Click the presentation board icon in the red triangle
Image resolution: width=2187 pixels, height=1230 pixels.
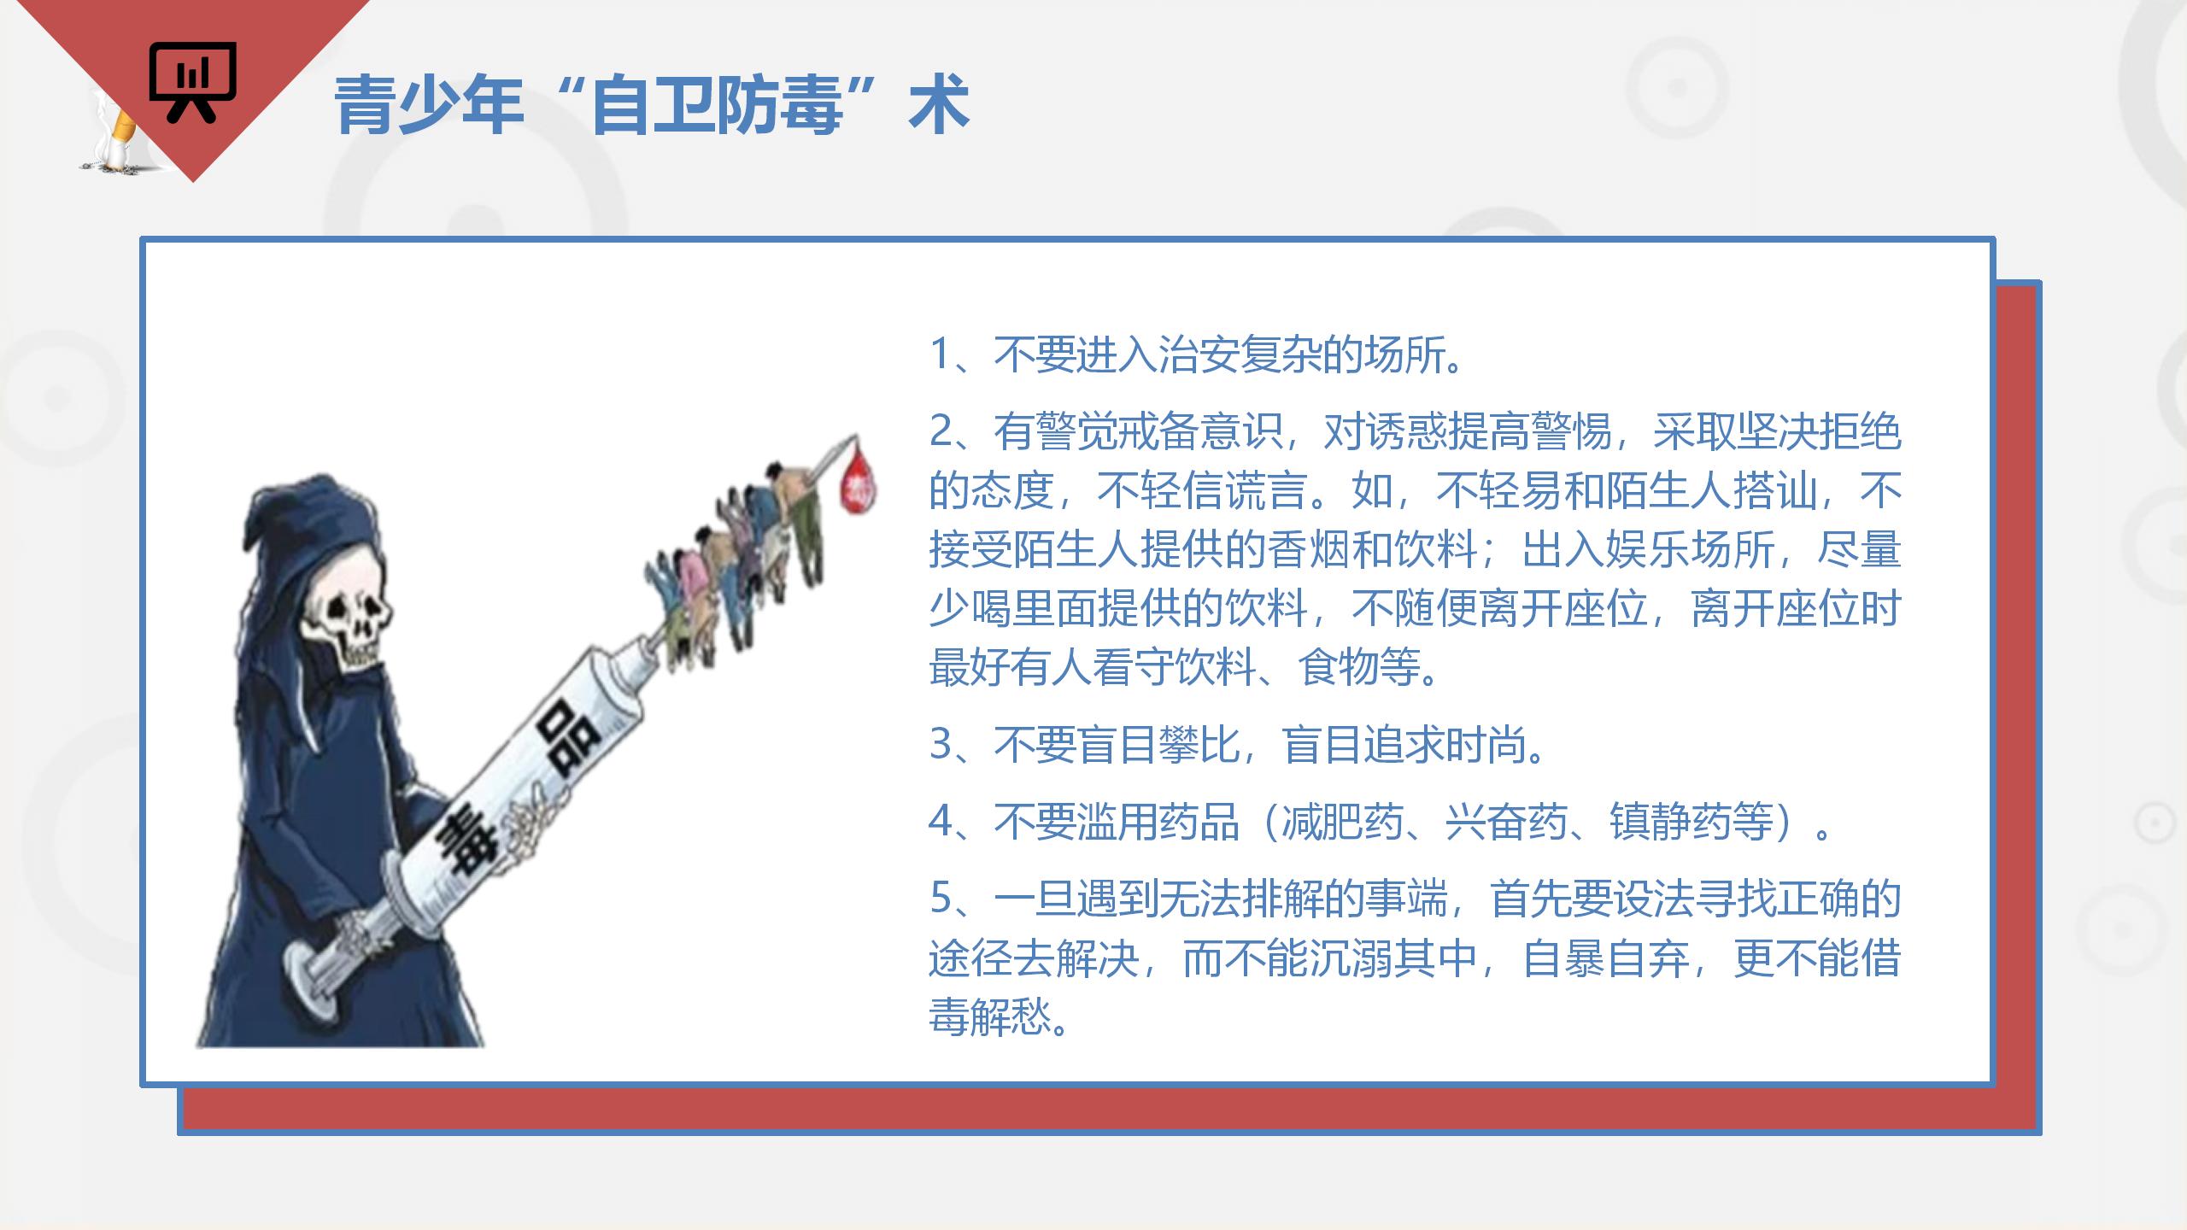tap(193, 82)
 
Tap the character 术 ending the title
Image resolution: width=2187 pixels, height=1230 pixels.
tap(939, 104)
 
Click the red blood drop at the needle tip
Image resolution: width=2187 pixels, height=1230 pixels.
tap(859, 483)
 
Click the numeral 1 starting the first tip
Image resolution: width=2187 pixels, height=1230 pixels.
tap(940, 354)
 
